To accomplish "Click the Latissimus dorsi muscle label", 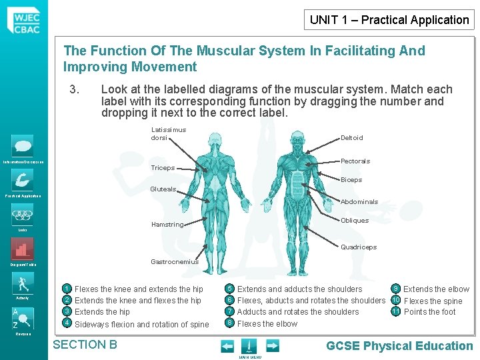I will [x=169, y=133].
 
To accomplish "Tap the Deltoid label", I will [x=351, y=137].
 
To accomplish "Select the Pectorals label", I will [x=355, y=161].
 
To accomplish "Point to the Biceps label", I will [x=351, y=179].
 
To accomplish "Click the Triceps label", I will [x=162, y=168].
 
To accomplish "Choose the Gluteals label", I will [x=163, y=189].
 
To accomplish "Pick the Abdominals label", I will [x=359, y=201].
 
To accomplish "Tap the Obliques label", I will [x=354, y=220].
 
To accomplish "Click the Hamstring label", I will [x=167, y=225].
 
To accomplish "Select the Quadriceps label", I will [x=358, y=247].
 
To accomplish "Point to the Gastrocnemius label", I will [x=175, y=261].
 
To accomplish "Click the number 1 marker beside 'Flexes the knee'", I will [x=67, y=289].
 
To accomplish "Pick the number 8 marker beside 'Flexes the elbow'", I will [x=229, y=323].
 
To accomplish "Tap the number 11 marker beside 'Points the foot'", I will [x=395, y=311].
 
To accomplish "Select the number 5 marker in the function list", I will [x=229, y=289].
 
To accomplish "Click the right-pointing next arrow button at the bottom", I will [x=272, y=345].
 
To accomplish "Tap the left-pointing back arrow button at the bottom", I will [x=227, y=345].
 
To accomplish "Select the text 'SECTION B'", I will [x=85, y=345].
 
